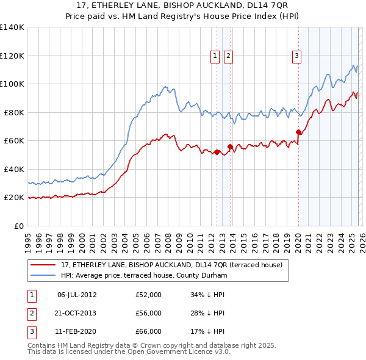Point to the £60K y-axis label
point(14,140)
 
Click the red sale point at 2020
point(298,132)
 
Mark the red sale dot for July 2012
point(217,152)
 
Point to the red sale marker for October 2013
point(230,146)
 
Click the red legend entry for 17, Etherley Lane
point(171,265)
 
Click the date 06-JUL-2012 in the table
point(76,295)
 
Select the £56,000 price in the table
point(148,313)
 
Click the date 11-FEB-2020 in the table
point(76,331)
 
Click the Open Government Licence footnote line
point(129,352)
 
